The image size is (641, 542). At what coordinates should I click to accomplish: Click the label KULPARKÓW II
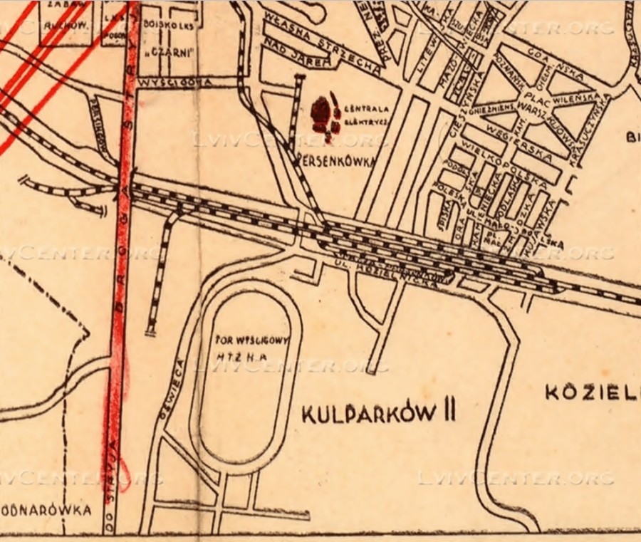378,414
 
